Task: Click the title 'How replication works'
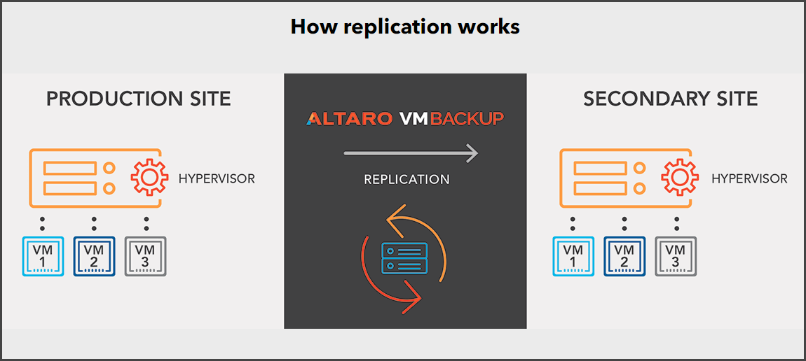[x=405, y=27]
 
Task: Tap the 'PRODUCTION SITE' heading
[x=139, y=99]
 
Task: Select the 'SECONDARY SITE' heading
[x=670, y=99]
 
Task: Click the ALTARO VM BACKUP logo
[x=405, y=119]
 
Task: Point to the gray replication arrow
[x=411, y=153]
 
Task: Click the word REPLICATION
[x=407, y=180]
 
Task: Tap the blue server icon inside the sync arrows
[x=404, y=258]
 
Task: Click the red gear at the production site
[x=149, y=177]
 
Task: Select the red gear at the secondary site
[x=680, y=177]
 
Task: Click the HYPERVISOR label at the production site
[x=217, y=180]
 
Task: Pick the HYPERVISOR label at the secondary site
[x=749, y=180]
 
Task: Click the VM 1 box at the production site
[x=43, y=256]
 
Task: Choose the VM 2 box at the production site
[x=94, y=256]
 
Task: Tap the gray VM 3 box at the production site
[x=146, y=256]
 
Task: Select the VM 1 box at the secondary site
[x=573, y=256]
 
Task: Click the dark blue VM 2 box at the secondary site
[x=624, y=256]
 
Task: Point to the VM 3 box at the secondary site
[x=676, y=256]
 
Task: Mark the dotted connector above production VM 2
[x=94, y=224]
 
